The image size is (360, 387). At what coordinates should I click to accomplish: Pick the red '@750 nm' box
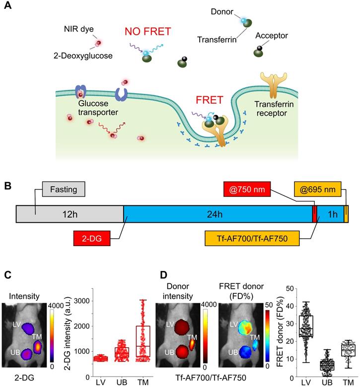(247, 190)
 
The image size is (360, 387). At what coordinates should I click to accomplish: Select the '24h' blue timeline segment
(217, 214)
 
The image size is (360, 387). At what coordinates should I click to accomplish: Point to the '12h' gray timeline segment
(70, 214)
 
